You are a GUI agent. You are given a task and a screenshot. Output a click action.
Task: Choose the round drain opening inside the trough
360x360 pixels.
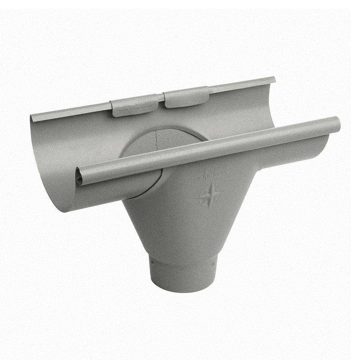coord(158,144)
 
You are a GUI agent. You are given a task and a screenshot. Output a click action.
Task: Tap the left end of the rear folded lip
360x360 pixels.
coord(32,118)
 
